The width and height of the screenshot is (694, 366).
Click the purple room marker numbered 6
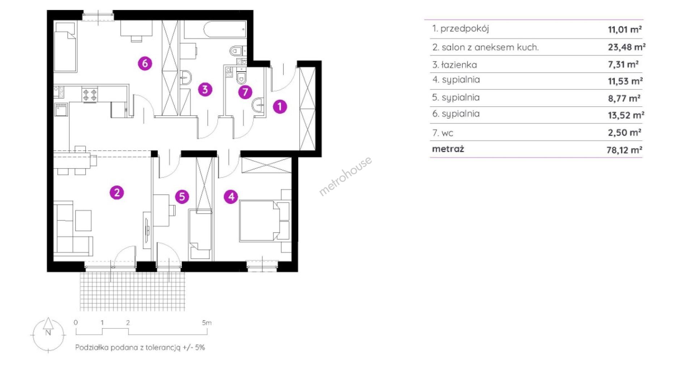click(x=145, y=64)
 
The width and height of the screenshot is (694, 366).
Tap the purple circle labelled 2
click(x=117, y=193)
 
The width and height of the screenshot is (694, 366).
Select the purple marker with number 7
click(x=245, y=92)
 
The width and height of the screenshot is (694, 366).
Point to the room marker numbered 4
click(x=231, y=197)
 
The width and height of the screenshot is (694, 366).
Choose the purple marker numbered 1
click(x=280, y=107)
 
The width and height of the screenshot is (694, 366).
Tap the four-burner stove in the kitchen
click(x=90, y=95)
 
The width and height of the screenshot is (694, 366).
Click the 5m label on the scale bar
click(x=207, y=323)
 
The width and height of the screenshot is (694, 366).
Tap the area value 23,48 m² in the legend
click(x=626, y=47)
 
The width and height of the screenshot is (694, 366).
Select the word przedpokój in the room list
click(x=464, y=29)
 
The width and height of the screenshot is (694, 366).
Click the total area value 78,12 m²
click(x=624, y=150)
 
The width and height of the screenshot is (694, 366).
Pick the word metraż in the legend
click(x=448, y=149)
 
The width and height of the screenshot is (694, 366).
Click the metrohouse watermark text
click(x=345, y=176)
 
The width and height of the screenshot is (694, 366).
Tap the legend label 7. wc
click(x=443, y=133)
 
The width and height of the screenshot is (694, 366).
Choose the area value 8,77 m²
click(x=624, y=98)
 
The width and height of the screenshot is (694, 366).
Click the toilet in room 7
click(x=241, y=77)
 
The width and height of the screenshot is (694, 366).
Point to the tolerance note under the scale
click(x=140, y=348)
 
